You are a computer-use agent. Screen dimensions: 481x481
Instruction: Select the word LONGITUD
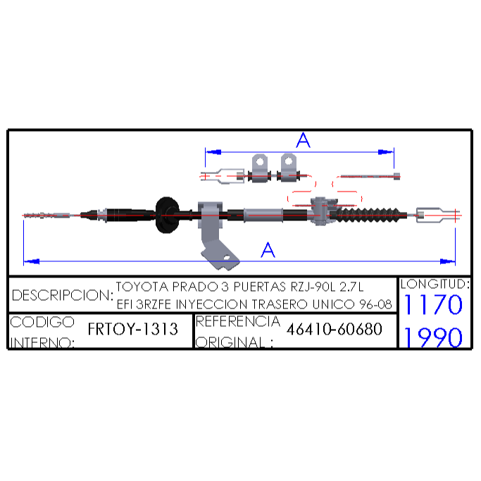click(x=434, y=285)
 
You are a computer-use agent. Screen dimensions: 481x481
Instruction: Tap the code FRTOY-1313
click(x=133, y=329)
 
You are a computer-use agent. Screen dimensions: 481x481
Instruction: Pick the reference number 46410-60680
click(x=335, y=329)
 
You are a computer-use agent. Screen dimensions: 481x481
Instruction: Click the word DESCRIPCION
click(x=61, y=295)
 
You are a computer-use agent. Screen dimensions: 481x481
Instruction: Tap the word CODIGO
click(x=43, y=321)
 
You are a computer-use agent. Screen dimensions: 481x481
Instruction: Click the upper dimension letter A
click(x=303, y=140)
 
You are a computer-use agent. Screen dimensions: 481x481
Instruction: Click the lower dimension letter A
click(x=268, y=249)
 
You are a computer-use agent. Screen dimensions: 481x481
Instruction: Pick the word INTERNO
click(x=42, y=343)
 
